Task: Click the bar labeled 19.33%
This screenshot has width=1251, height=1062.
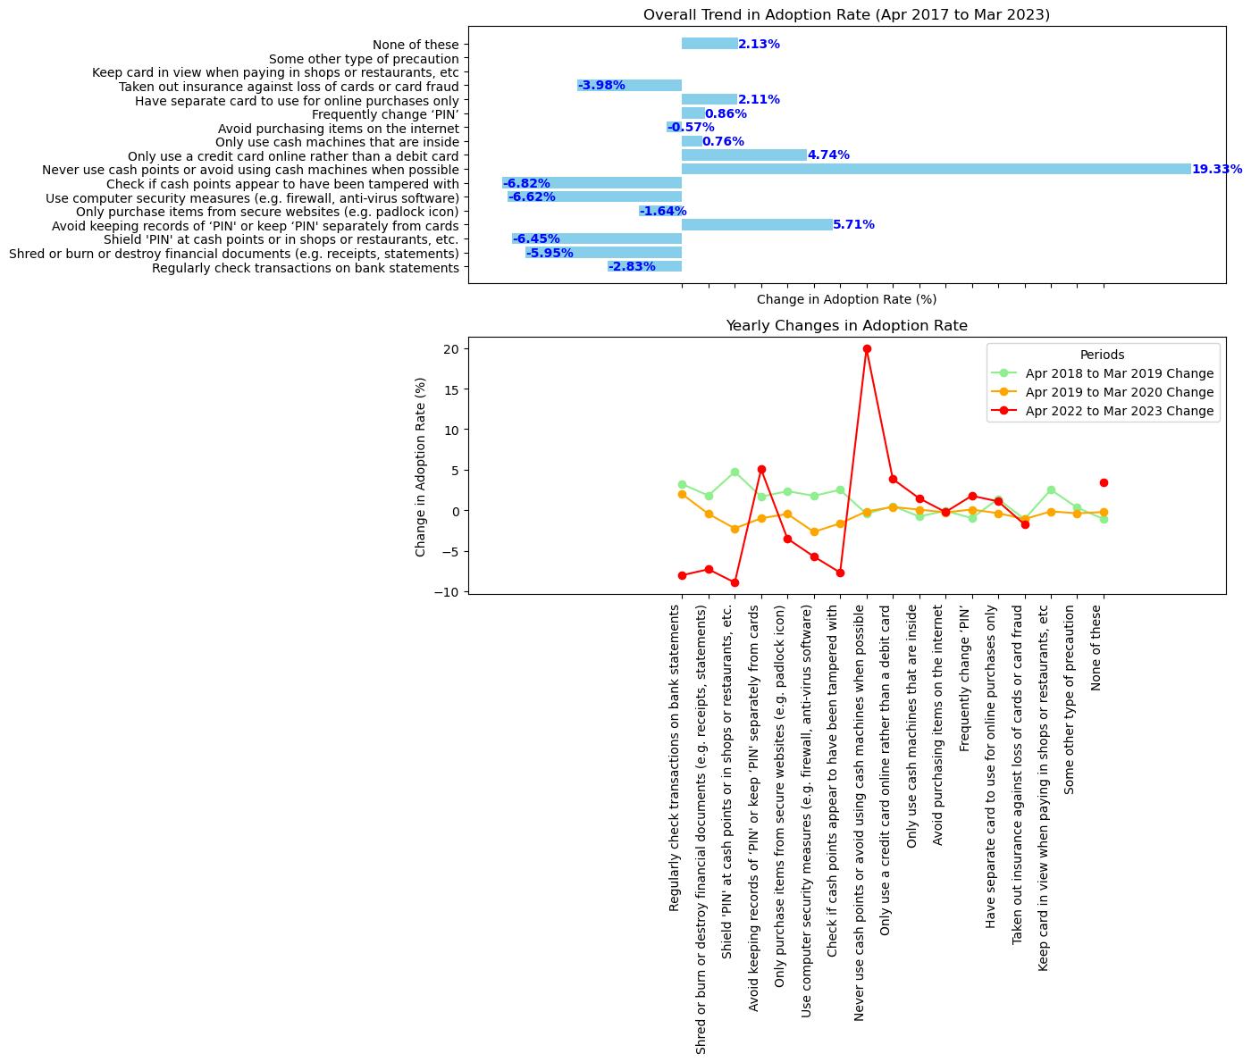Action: pyautogui.click(x=936, y=169)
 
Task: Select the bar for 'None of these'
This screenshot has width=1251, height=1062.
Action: pyautogui.click(x=709, y=44)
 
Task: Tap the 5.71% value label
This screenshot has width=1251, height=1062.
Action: pyautogui.click(x=853, y=225)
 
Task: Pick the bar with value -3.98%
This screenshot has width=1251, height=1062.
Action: pyautogui.click(x=629, y=86)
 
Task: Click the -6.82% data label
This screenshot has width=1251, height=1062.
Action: pyautogui.click(x=526, y=183)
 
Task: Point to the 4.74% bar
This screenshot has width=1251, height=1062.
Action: pyautogui.click(x=743, y=155)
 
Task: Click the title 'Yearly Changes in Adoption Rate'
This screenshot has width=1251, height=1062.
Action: pyautogui.click(x=846, y=326)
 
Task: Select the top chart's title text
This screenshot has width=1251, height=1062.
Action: pyautogui.click(x=846, y=15)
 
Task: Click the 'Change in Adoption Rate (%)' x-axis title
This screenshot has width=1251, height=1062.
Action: pyautogui.click(x=846, y=299)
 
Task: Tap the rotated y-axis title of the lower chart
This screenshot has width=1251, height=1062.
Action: pyautogui.click(x=421, y=466)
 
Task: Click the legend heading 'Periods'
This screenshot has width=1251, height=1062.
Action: pyautogui.click(x=1102, y=355)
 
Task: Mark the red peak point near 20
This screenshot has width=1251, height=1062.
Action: pyautogui.click(x=867, y=349)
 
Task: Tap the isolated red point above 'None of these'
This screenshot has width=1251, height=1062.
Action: pyautogui.click(x=1104, y=482)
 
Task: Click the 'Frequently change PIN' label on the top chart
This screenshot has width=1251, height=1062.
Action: pyautogui.click(x=385, y=114)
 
